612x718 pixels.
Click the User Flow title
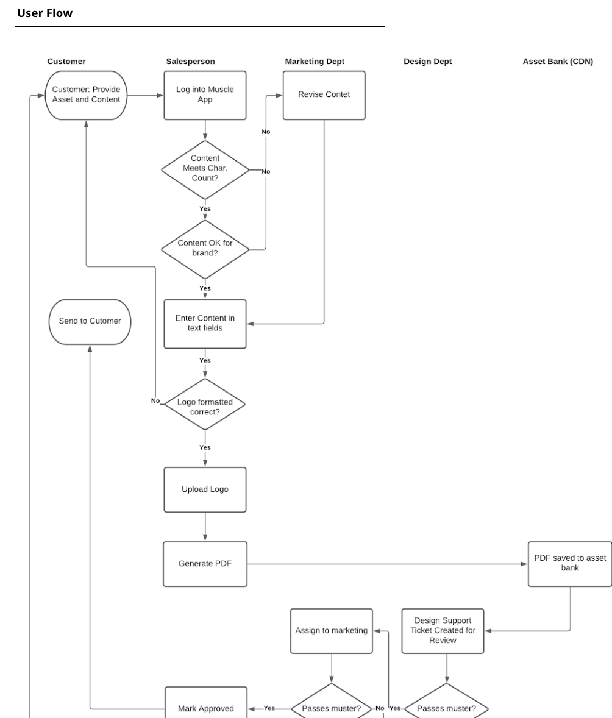pos(44,13)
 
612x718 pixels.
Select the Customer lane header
pos(66,62)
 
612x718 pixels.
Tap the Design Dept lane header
pos(427,62)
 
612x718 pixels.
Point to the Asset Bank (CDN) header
pos(557,62)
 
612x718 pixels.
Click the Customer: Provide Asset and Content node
pos(86,95)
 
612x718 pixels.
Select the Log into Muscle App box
pos(205,95)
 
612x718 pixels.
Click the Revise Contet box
pos(324,95)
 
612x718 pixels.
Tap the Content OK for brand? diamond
pos(205,249)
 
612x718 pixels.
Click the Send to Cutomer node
pos(90,322)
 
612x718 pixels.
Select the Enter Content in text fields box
pos(205,324)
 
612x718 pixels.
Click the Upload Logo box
pos(205,489)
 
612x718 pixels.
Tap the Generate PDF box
pos(205,564)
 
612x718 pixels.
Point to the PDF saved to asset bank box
pos(569,564)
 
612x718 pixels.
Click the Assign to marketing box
pos(331,631)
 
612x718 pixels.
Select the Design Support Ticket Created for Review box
pos(443,631)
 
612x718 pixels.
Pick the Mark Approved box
pos(205,707)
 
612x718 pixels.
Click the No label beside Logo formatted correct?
pos(155,401)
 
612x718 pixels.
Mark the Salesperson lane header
pos(190,62)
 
